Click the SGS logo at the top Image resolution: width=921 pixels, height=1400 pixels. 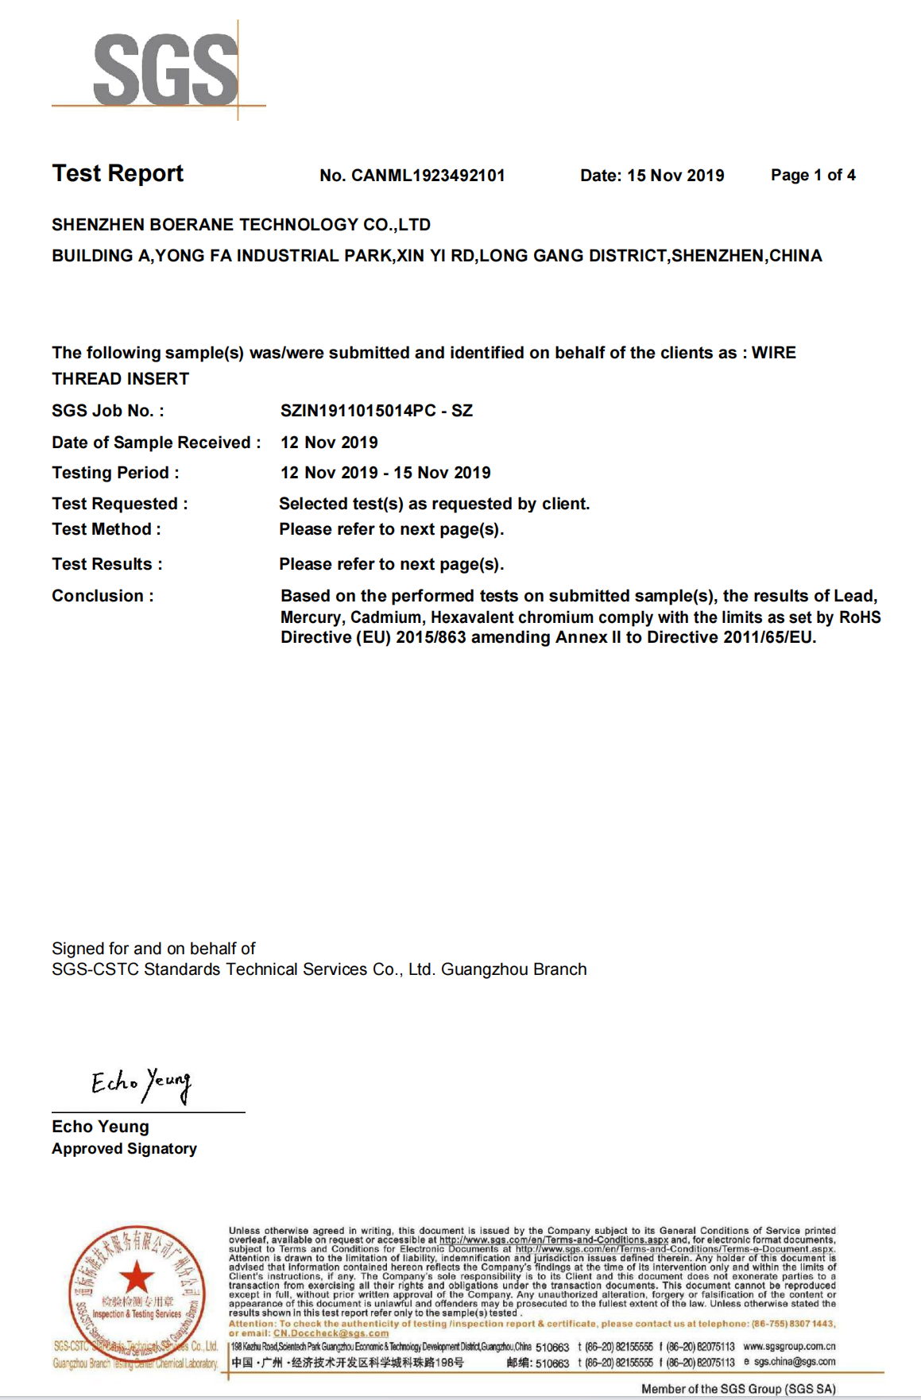click(165, 70)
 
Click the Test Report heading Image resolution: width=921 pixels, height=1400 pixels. click(118, 173)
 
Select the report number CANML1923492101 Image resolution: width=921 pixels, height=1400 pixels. click(428, 176)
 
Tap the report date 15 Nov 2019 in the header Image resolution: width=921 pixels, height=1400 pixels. click(675, 176)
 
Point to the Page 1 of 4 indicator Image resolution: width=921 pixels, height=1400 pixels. click(813, 175)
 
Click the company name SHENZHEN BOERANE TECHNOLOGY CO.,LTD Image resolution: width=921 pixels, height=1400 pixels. click(241, 225)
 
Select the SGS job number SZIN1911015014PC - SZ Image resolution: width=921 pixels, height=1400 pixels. click(376, 411)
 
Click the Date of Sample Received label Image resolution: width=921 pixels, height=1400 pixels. click(156, 443)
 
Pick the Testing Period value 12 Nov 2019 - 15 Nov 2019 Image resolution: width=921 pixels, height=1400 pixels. click(385, 473)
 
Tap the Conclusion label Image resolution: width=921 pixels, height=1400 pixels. click(103, 596)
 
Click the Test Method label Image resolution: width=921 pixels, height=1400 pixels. click(106, 529)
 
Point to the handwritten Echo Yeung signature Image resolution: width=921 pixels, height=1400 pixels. click(141, 1084)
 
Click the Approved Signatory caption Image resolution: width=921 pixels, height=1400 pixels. click(124, 1149)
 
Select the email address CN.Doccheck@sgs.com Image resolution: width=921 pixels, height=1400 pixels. click(331, 1333)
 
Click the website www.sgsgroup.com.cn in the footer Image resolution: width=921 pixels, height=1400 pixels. click(789, 1347)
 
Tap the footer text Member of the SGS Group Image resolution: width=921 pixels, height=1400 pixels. click(738, 1389)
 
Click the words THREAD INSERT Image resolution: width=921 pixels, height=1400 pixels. click(121, 379)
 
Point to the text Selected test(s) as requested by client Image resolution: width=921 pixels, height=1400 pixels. click(434, 504)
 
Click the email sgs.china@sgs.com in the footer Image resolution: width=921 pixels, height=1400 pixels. click(794, 1362)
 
